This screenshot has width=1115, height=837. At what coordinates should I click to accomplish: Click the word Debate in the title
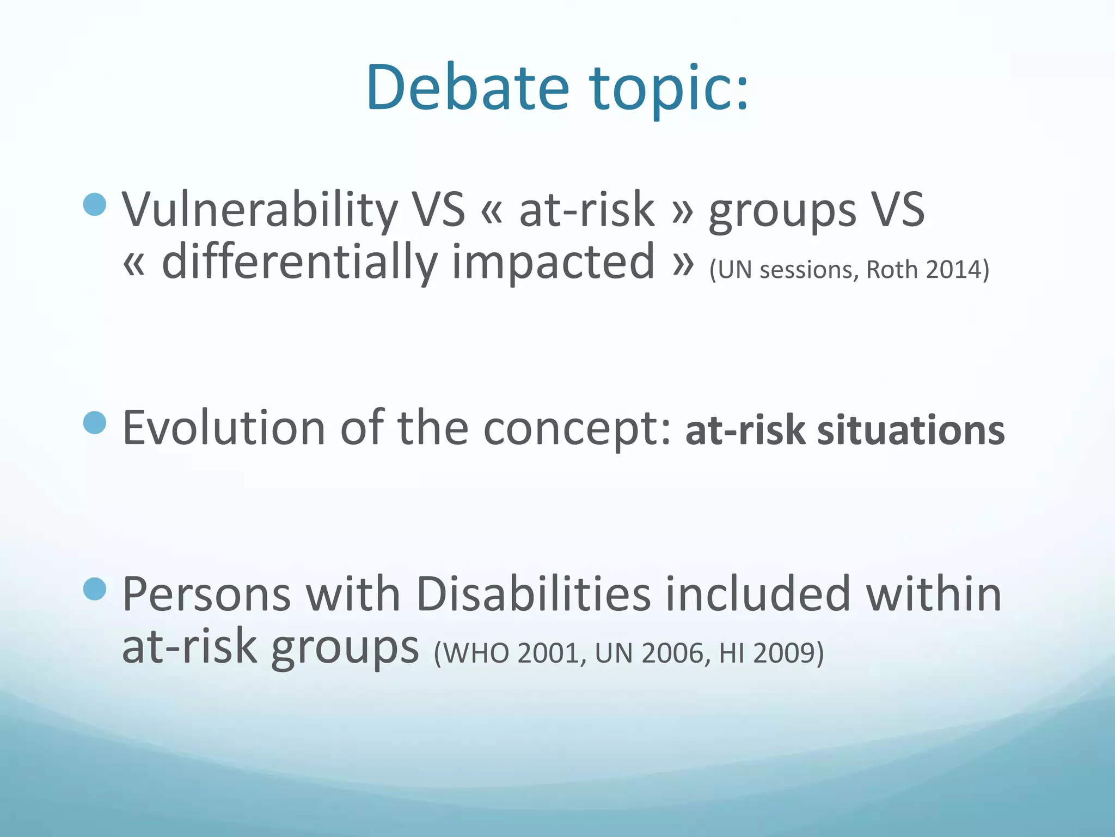point(467,87)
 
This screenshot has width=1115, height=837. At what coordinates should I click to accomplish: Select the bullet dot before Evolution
point(95,423)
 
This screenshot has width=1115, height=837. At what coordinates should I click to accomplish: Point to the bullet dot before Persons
point(95,589)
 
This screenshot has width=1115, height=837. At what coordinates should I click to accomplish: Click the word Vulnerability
point(260,210)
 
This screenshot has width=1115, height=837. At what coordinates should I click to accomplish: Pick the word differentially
point(299,263)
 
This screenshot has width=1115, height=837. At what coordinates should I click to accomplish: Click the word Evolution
point(223,428)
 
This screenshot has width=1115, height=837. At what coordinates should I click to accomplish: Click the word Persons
point(207,594)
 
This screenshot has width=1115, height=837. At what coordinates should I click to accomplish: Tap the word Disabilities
point(534,594)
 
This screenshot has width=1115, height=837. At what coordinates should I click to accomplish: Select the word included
point(757,594)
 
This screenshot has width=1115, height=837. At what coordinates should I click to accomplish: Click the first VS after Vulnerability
point(438,210)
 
